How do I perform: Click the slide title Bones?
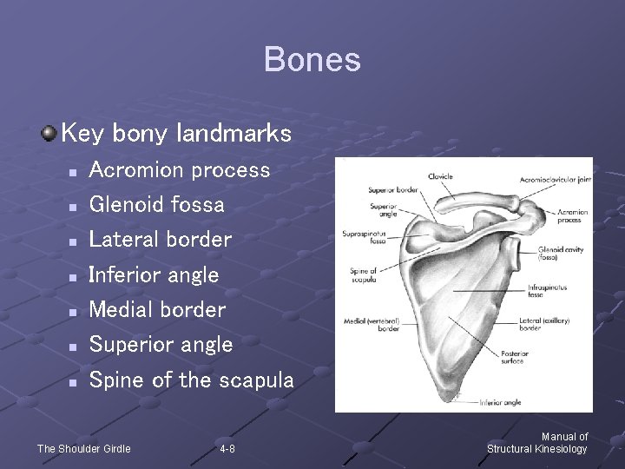(x=312, y=60)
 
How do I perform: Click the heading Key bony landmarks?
(x=177, y=134)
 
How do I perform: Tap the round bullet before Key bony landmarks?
(x=49, y=133)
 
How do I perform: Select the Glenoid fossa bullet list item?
(x=156, y=205)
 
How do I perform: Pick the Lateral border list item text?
(x=161, y=240)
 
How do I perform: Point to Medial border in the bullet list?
(x=157, y=310)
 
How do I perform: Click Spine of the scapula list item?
(x=191, y=380)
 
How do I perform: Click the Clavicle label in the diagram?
(x=440, y=177)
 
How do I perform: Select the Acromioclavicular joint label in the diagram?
(x=555, y=180)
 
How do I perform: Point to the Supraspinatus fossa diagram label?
(x=364, y=237)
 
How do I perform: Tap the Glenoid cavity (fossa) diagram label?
(x=561, y=253)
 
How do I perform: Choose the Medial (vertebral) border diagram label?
(x=371, y=324)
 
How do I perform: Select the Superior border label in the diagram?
(x=393, y=189)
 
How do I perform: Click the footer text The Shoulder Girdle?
(x=83, y=449)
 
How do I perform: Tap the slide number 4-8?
(x=227, y=449)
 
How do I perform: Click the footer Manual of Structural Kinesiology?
(x=537, y=443)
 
